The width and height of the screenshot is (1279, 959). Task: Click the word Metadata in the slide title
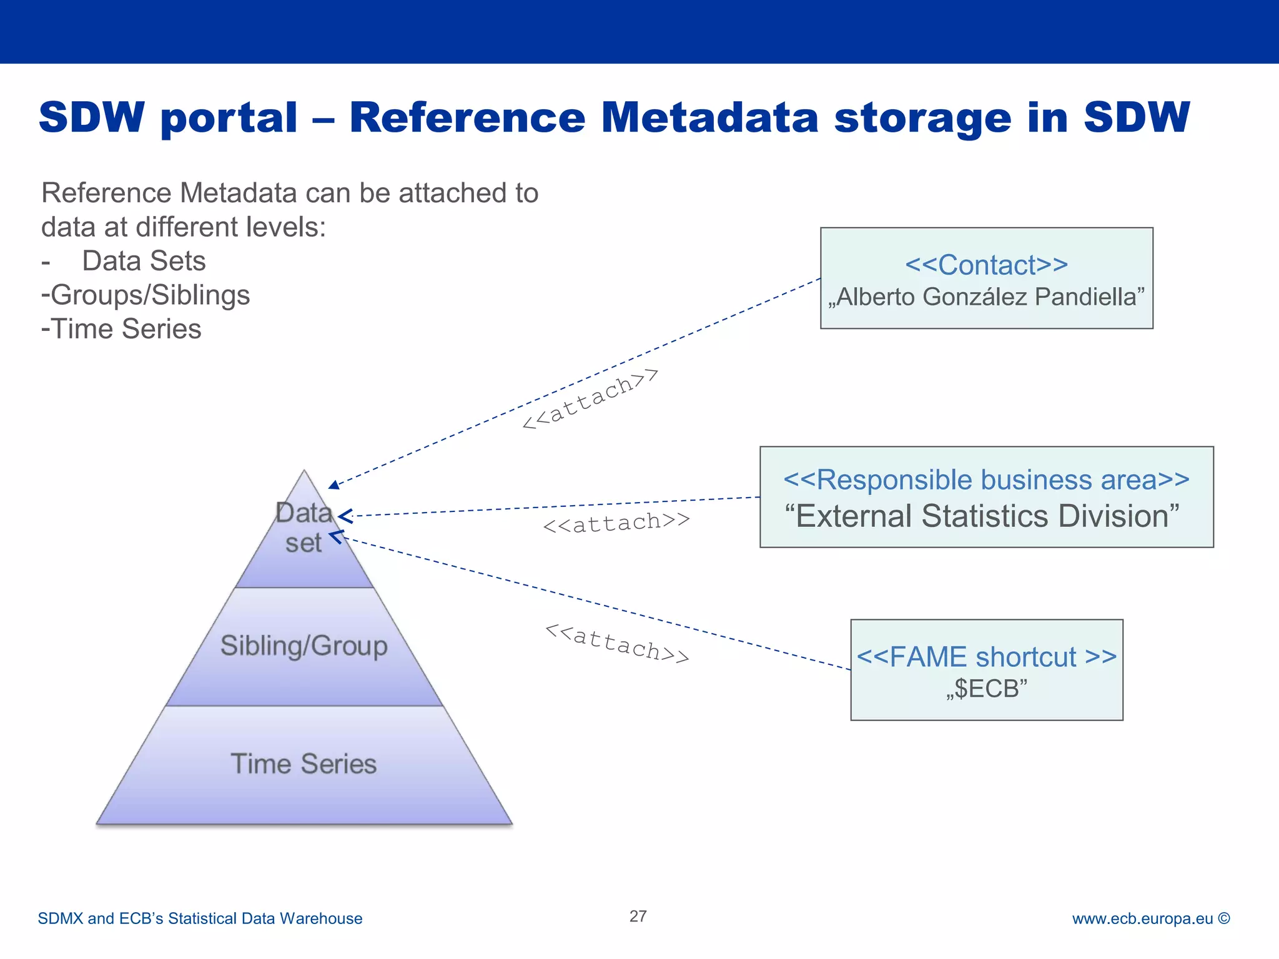coord(709,117)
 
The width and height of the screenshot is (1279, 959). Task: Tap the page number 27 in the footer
coord(638,916)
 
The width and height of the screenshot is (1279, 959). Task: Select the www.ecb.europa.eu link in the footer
coord(1142,918)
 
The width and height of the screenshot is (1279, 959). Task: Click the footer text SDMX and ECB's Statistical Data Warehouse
coord(200,918)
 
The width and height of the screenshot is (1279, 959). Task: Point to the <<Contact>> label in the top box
coord(986,265)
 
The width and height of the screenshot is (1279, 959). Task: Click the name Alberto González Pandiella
coord(986,297)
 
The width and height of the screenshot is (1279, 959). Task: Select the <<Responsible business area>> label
coord(986,480)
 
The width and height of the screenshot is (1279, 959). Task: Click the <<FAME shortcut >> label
coord(986,657)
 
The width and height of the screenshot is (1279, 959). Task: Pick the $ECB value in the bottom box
coord(986,689)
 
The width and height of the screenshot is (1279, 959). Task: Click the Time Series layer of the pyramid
coord(304,764)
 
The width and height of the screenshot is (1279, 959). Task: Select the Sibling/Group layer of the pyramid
coord(304,646)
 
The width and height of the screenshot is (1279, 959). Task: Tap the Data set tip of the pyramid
coord(304,528)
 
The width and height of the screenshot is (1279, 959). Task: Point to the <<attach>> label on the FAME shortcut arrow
coord(617,642)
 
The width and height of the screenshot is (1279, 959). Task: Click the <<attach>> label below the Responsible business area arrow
coord(616,522)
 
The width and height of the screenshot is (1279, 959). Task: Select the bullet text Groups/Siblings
coord(150,295)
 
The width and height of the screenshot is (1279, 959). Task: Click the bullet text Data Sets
coord(144,261)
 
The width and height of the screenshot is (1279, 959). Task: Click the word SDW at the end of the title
coord(1137,117)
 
